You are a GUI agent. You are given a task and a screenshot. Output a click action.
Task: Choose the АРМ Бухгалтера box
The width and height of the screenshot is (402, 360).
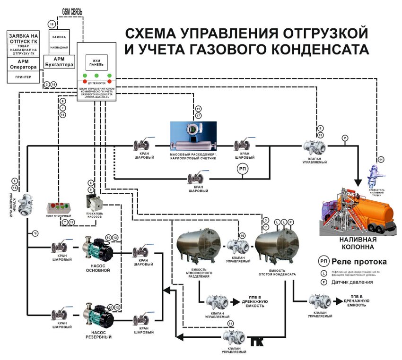(59, 61)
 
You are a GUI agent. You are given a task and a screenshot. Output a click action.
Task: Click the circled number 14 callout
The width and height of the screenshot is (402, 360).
(230, 324)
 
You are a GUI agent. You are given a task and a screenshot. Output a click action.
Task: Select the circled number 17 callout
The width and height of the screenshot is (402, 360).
(199, 116)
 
